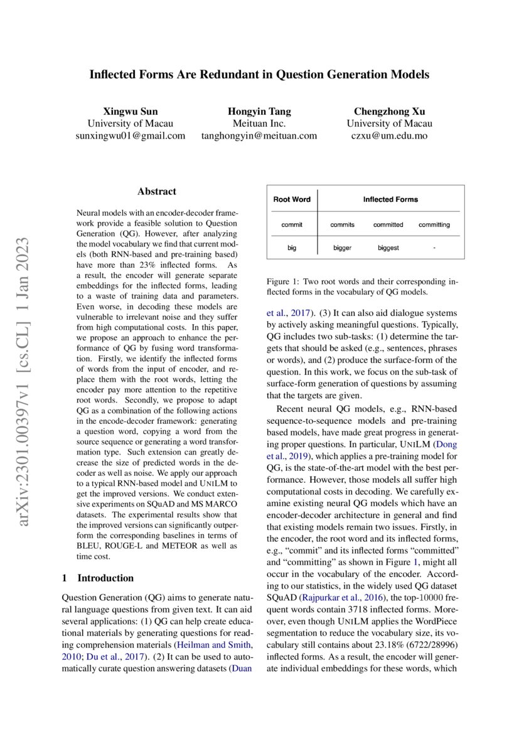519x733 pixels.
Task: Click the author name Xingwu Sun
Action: [131, 112]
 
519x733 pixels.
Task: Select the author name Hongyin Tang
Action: [259, 112]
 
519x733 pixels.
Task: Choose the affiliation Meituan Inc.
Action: [259, 124]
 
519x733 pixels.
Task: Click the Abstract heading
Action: [157, 191]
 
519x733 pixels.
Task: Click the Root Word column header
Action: [292, 199]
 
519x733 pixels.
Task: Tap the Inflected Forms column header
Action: [390, 199]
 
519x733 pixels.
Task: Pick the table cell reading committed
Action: [388, 224]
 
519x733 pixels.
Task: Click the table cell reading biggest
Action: [388, 248]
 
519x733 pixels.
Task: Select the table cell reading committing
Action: [434, 224]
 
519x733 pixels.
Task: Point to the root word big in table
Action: [292, 248]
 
